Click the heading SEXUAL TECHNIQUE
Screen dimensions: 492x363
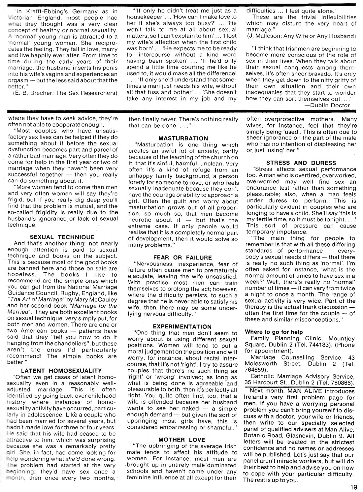coord(62,237)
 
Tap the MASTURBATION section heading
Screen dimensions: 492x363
coord(183,138)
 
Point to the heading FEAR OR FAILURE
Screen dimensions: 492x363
coord(182,257)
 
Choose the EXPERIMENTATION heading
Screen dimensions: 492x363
coord(182,326)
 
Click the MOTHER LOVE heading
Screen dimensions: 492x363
coord(181,440)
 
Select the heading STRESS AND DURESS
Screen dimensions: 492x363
coord(301,163)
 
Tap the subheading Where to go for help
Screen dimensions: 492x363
coord(274,332)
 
